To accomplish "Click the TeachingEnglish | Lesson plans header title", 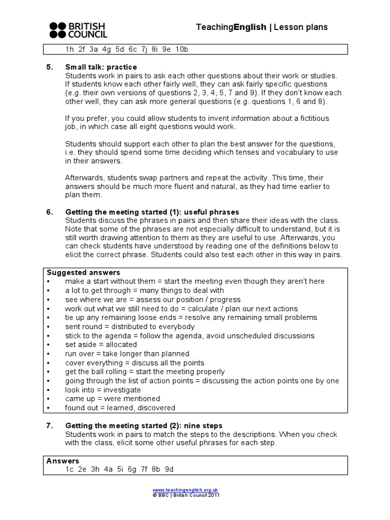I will pyautogui.click(x=262, y=27).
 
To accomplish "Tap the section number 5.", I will pyautogui.click(x=50, y=67).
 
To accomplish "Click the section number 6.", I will pyautogui.click(x=50, y=212).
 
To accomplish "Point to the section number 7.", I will pyautogui.click(x=50, y=426).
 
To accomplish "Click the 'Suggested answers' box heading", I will pyautogui.click(x=83, y=272).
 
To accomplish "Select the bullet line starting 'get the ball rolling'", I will pyautogui.click(x=145, y=372).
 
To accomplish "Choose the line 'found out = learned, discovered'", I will pyautogui.click(x=120, y=408).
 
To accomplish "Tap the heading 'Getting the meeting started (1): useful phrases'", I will pyautogui.click(x=152, y=212).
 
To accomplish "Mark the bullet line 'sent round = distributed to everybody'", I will pyautogui.click(x=129, y=327).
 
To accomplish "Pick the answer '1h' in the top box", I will pyautogui.click(x=70, y=49).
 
